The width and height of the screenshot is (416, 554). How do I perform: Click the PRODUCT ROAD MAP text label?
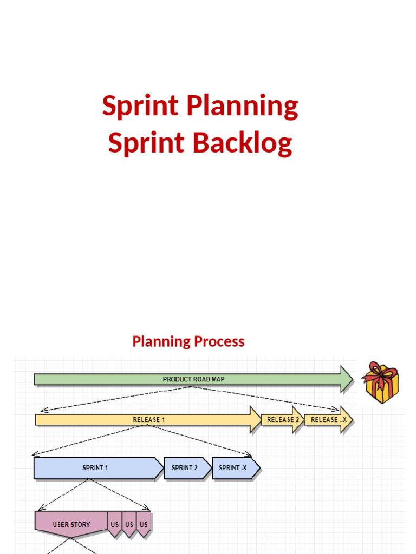[x=193, y=379]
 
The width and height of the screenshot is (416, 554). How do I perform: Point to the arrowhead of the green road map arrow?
[x=347, y=379]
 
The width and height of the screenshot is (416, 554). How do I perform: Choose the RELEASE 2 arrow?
[x=282, y=420]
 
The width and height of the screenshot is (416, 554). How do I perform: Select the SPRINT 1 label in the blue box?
[x=95, y=468]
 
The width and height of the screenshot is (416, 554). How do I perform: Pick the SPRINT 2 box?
[x=185, y=468]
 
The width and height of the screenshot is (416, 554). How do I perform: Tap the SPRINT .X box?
[x=233, y=468]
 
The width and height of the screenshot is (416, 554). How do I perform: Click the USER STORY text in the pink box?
[x=71, y=524]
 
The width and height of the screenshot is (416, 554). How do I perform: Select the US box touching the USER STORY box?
[x=115, y=524]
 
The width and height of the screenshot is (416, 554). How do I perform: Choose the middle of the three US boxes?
[x=129, y=524]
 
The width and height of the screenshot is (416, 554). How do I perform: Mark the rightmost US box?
[x=144, y=524]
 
